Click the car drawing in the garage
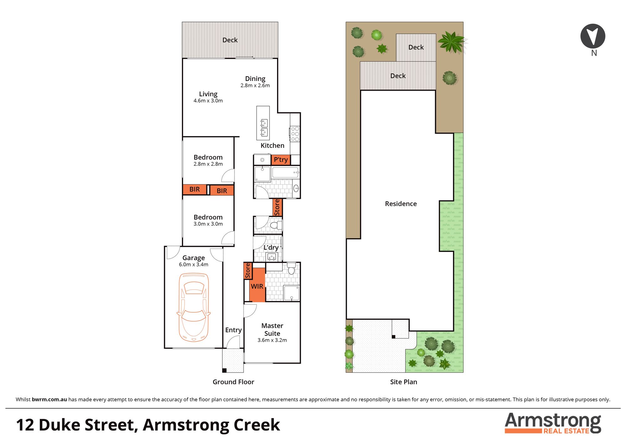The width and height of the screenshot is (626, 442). click(193, 307)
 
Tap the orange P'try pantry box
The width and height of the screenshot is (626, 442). click(281, 160)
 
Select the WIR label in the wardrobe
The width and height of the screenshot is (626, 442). click(257, 286)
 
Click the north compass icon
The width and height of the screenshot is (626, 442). click(593, 36)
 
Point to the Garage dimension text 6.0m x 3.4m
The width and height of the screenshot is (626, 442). click(193, 264)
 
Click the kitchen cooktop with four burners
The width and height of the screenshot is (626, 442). click(295, 134)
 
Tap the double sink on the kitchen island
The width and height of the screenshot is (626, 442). click(264, 128)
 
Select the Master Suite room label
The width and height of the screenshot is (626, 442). click(272, 329)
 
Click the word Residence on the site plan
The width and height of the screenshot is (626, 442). click(401, 204)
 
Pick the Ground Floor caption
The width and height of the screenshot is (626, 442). click(233, 382)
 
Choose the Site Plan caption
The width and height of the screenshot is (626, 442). click(403, 382)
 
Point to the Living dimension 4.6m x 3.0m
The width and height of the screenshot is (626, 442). click(208, 101)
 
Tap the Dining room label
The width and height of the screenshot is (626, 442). click(255, 79)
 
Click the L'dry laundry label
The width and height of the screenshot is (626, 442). click(271, 248)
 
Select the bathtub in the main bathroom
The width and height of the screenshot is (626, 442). click(285, 173)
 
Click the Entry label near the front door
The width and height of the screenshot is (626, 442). click(233, 330)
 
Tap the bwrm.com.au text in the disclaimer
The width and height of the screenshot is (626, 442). click(49, 399)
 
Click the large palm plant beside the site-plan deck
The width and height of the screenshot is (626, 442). click(451, 42)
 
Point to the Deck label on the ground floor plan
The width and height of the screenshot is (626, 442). click(230, 40)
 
